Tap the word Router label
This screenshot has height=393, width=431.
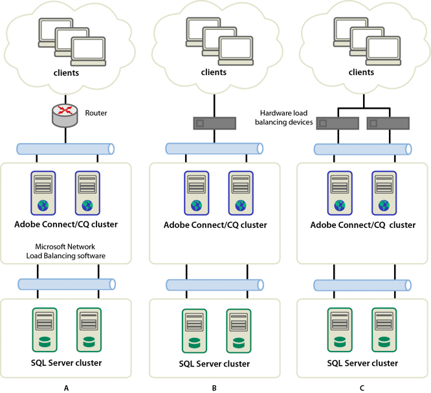[x=96, y=113]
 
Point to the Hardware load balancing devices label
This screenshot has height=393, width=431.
[x=286, y=117]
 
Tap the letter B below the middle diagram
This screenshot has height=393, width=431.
[x=214, y=387]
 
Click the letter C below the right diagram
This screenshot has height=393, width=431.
[x=362, y=387]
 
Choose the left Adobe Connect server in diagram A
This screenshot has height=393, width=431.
[x=44, y=192]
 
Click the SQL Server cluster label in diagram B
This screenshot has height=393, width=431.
[x=214, y=363]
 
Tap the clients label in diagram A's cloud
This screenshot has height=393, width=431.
[x=66, y=72]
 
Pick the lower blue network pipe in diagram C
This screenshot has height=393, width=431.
[x=362, y=285]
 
